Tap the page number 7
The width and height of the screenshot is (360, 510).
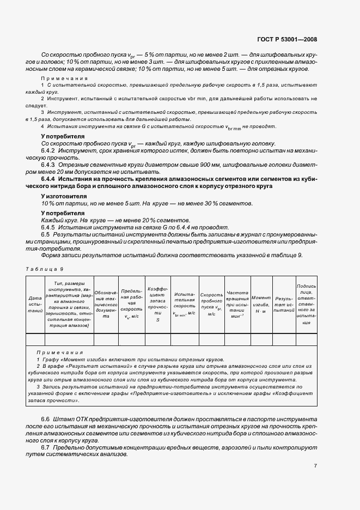[x=315, y=466]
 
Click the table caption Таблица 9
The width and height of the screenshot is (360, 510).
[x=45, y=269]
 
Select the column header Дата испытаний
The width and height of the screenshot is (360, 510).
[x=35, y=306]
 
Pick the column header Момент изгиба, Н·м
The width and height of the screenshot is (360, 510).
[x=261, y=301]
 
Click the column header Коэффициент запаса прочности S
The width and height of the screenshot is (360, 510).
[x=158, y=305]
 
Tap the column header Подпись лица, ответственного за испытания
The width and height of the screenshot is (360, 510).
[x=306, y=304]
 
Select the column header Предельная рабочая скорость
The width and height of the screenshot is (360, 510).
[x=131, y=305]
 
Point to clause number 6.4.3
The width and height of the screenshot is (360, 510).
[x=49, y=165]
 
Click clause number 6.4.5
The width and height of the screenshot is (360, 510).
[x=49, y=227]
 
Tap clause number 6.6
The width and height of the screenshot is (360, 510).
[x=46, y=417]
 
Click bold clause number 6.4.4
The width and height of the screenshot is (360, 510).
[x=50, y=179]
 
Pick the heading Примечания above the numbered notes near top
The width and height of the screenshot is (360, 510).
[x=64, y=78]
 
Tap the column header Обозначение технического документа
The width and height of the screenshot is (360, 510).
[x=107, y=305]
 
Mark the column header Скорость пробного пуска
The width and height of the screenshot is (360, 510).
[x=211, y=305]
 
